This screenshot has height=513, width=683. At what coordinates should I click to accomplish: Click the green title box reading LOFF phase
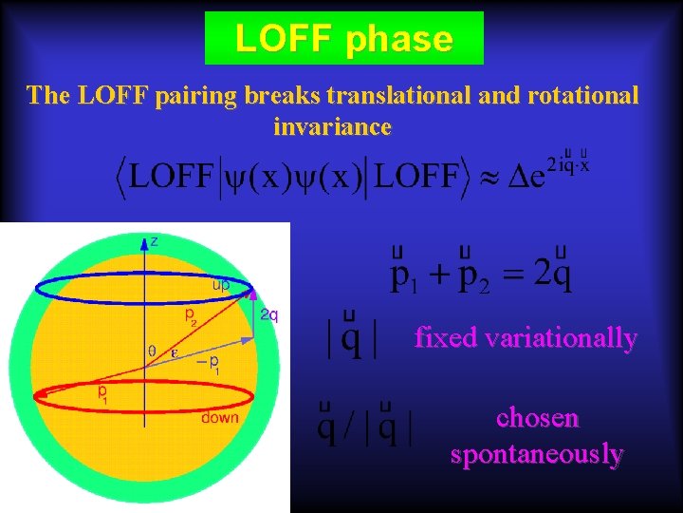tap(343, 39)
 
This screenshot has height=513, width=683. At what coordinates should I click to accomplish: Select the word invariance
tap(332, 125)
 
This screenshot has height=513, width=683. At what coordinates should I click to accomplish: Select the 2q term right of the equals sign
tap(553, 275)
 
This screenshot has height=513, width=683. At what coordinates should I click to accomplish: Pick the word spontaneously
tap(537, 455)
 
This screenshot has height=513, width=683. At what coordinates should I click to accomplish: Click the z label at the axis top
tap(156, 242)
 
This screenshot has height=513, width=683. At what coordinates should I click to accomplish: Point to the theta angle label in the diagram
tap(153, 351)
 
